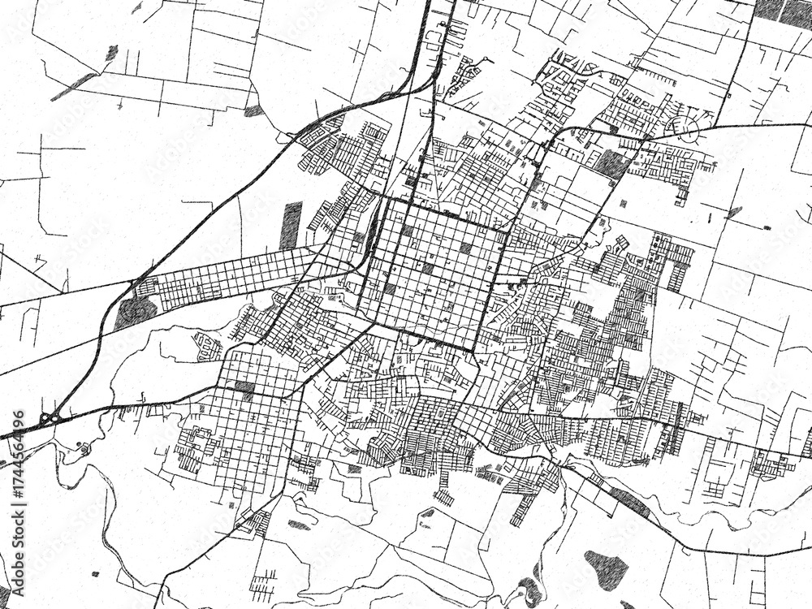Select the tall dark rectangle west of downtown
292,225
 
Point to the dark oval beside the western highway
135,312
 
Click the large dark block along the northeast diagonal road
612,164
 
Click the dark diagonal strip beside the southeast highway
629,503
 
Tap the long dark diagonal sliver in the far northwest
76,86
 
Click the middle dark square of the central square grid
427,268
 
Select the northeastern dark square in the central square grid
466,248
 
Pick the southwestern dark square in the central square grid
389,288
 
